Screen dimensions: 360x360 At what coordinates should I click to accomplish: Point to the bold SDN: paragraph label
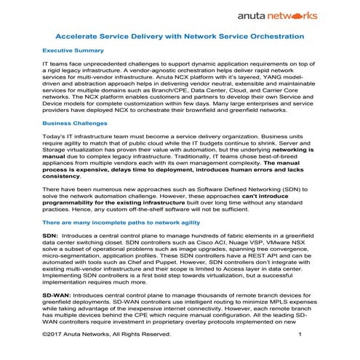(x=49, y=237)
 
